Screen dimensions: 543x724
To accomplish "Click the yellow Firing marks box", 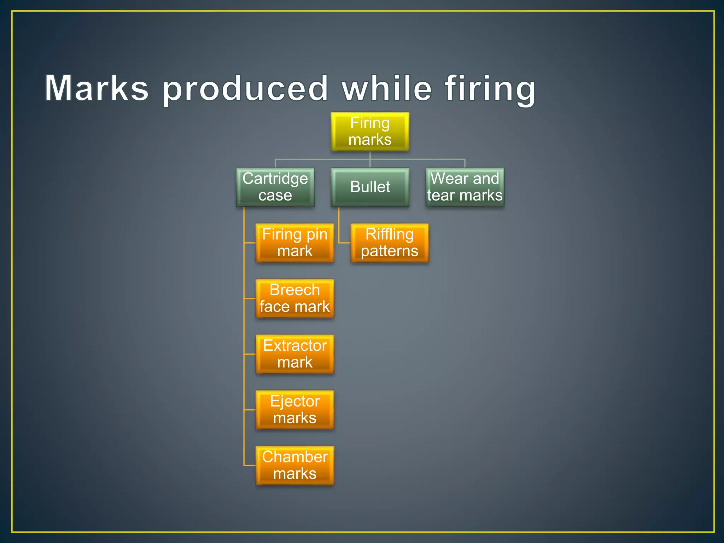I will tap(370, 132).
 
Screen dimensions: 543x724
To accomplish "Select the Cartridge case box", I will tap(275, 187).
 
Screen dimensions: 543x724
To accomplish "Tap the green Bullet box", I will tap(370, 187).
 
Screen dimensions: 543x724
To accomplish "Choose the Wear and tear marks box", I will tap(465, 187).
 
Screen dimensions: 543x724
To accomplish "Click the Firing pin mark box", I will tap(294, 243).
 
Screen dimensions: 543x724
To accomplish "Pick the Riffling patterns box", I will tap(389, 243).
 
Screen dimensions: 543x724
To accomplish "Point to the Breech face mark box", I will tap(294, 298).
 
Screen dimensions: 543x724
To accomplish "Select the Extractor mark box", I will tap(294, 354).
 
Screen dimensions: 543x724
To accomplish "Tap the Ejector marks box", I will tap(294, 410).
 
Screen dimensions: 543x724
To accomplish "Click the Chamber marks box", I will tap(294, 465).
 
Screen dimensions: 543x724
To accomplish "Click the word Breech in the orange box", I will tap(294, 290).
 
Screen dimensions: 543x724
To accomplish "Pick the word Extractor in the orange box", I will tap(295, 345).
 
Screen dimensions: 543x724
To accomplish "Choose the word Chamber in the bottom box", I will tap(295, 457).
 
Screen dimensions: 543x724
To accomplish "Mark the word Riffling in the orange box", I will tap(389, 234).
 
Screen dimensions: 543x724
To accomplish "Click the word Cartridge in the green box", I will tap(275, 179).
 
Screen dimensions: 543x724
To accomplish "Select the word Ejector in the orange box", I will tap(295, 401).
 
